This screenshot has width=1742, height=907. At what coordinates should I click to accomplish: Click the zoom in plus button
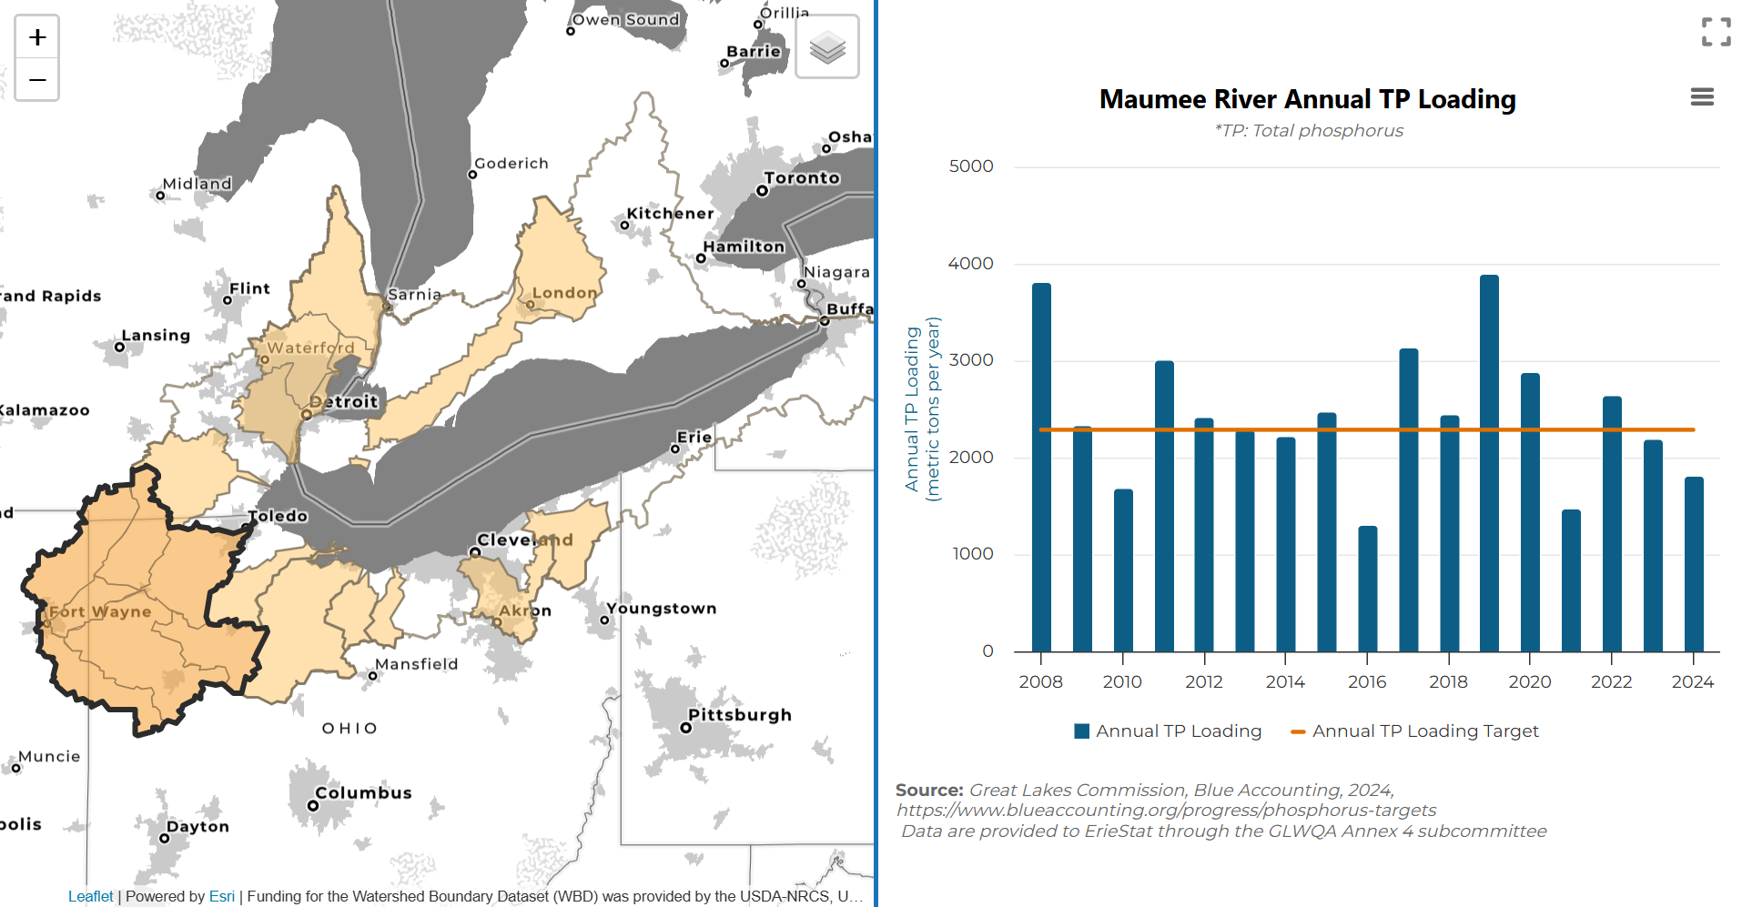(x=37, y=37)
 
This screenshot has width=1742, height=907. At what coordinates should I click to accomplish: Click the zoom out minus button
(x=37, y=80)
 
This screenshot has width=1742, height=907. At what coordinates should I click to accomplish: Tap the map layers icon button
(x=827, y=47)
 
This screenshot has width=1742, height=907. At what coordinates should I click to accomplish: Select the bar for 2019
(x=1489, y=463)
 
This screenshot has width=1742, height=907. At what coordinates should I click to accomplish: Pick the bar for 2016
(x=1367, y=589)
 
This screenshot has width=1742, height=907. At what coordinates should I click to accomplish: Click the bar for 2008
(x=1041, y=468)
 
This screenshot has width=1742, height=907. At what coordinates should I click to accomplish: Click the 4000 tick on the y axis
(x=970, y=264)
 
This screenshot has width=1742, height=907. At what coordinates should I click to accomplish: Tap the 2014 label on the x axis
(x=1285, y=682)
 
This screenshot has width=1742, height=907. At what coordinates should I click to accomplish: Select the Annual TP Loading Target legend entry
(x=1414, y=731)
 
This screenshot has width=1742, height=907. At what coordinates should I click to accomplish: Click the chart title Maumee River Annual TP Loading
(x=1307, y=99)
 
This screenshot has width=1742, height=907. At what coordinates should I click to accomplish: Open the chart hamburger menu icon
(x=1702, y=97)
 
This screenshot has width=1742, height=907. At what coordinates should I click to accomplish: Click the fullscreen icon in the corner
(x=1716, y=33)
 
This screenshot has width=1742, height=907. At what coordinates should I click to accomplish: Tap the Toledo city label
(x=279, y=516)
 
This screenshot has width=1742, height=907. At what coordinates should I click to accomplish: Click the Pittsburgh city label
(x=739, y=715)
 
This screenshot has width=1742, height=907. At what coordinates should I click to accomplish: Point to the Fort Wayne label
(x=100, y=611)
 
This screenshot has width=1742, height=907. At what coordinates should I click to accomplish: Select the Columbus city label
(x=363, y=793)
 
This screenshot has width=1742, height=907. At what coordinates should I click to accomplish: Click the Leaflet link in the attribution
(x=90, y=896)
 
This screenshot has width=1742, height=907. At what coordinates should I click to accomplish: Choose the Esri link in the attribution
(x=221, y=896)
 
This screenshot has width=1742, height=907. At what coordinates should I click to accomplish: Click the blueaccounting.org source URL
(x=1166, y=811)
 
